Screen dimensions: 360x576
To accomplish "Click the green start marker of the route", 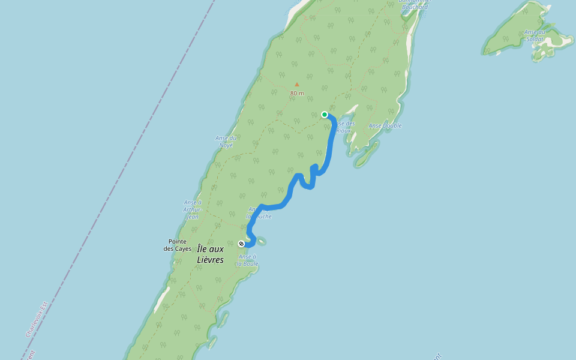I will coord(325,115).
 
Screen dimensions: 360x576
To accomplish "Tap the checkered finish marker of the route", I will coord(241,244).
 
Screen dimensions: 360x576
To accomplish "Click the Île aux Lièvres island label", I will coord(210,254).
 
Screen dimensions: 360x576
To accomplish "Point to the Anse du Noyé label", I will coord(226,141).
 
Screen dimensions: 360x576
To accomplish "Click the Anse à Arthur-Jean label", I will coord(192,209).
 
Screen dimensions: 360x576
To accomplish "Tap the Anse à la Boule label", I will coord(247,260).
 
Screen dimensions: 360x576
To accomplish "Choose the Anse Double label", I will coord(385,126).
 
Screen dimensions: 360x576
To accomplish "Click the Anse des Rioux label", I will coord(344,127).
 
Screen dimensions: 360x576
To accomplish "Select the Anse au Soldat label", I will coord(535,35).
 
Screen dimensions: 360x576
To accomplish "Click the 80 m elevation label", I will coord(297,94).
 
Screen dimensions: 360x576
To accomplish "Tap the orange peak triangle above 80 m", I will coord(296,85).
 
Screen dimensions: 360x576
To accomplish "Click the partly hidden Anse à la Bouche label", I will coord(259,213).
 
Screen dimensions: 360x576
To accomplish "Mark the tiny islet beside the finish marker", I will coord(262,242).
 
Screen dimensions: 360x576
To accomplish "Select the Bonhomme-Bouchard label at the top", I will coord(414,5).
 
